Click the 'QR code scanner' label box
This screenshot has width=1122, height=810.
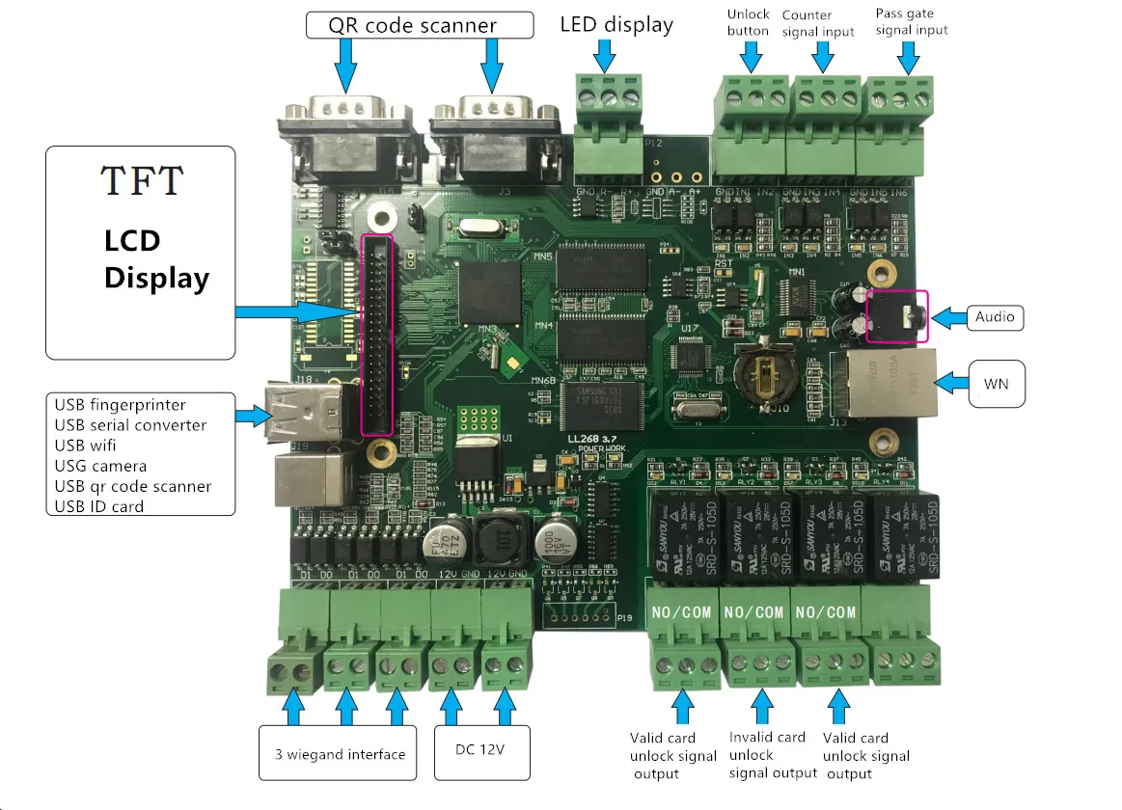420,24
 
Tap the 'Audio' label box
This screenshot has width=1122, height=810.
994,316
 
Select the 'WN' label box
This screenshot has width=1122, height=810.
995,384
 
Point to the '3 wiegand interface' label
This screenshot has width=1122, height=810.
340,754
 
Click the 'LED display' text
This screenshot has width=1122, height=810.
616,24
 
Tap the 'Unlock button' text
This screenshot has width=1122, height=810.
748,22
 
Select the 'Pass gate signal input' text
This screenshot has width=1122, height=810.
911,21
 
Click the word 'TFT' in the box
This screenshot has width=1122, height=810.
141,180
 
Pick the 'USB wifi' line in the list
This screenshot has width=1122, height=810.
92,445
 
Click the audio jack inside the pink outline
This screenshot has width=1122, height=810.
896,316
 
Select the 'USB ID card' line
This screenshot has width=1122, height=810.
98,506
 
